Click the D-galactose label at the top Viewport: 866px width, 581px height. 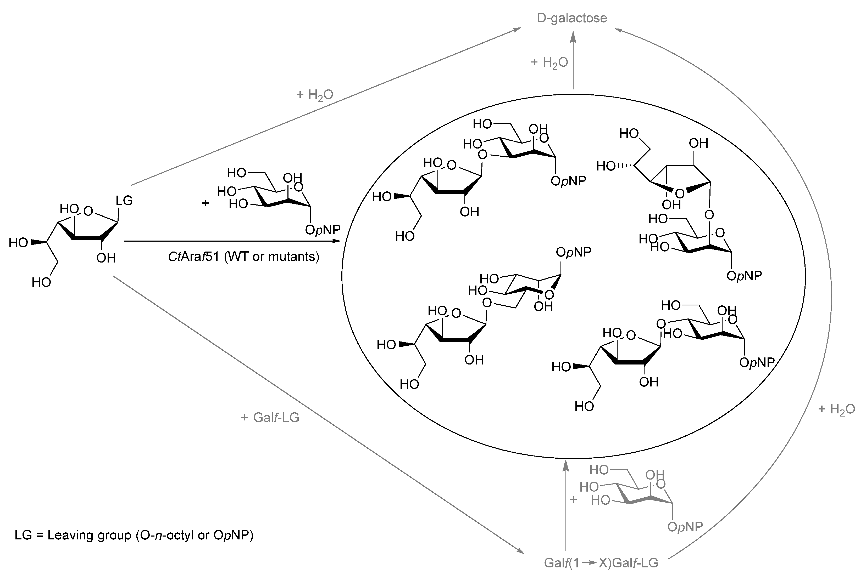[572, 18]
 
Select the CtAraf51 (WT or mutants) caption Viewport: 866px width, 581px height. [244, 257]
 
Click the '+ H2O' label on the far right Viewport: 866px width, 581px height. [836, 409]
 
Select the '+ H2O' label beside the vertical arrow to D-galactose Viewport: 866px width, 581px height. [549, 62]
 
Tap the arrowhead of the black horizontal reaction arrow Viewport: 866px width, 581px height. [337, 241]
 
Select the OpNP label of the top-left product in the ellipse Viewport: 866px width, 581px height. [568, 181]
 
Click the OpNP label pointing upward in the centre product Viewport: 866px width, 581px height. [573, 252]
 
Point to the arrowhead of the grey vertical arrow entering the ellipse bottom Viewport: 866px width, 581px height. [565, 465]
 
